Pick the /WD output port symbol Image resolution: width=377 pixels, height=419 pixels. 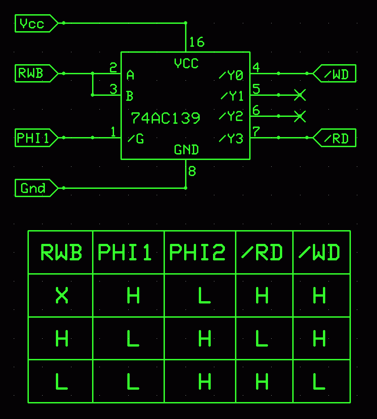click(x=335, y=74)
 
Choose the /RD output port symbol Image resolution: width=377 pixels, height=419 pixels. click(x=335, y=138)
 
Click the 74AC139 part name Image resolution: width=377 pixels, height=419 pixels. click(x=165, y=118)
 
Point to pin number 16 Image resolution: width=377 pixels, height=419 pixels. click(x=196, y=43)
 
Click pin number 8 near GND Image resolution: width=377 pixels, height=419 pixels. click(x=192, y=171)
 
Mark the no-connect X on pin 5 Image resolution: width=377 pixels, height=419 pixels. click(x=299, y=95)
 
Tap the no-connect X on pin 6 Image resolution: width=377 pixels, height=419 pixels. click(x=299, y=116)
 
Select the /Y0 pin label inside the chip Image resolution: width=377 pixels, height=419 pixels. click(x=231, y=75)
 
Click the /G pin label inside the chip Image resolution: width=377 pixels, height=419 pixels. click(x=136, y=138)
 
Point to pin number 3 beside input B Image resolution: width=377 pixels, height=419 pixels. click(x=114, y=89)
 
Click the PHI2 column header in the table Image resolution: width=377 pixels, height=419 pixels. click(x=197, y=253)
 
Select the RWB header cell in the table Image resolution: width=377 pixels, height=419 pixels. click(x=61, y=253)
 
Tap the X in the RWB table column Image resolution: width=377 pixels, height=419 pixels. click(x=62, y=296)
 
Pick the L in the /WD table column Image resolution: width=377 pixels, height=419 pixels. click(x=319, y=382)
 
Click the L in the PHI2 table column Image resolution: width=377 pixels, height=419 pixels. click(x=204, y=296)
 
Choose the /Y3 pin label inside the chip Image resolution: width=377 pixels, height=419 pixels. click(x=231, y=138)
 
